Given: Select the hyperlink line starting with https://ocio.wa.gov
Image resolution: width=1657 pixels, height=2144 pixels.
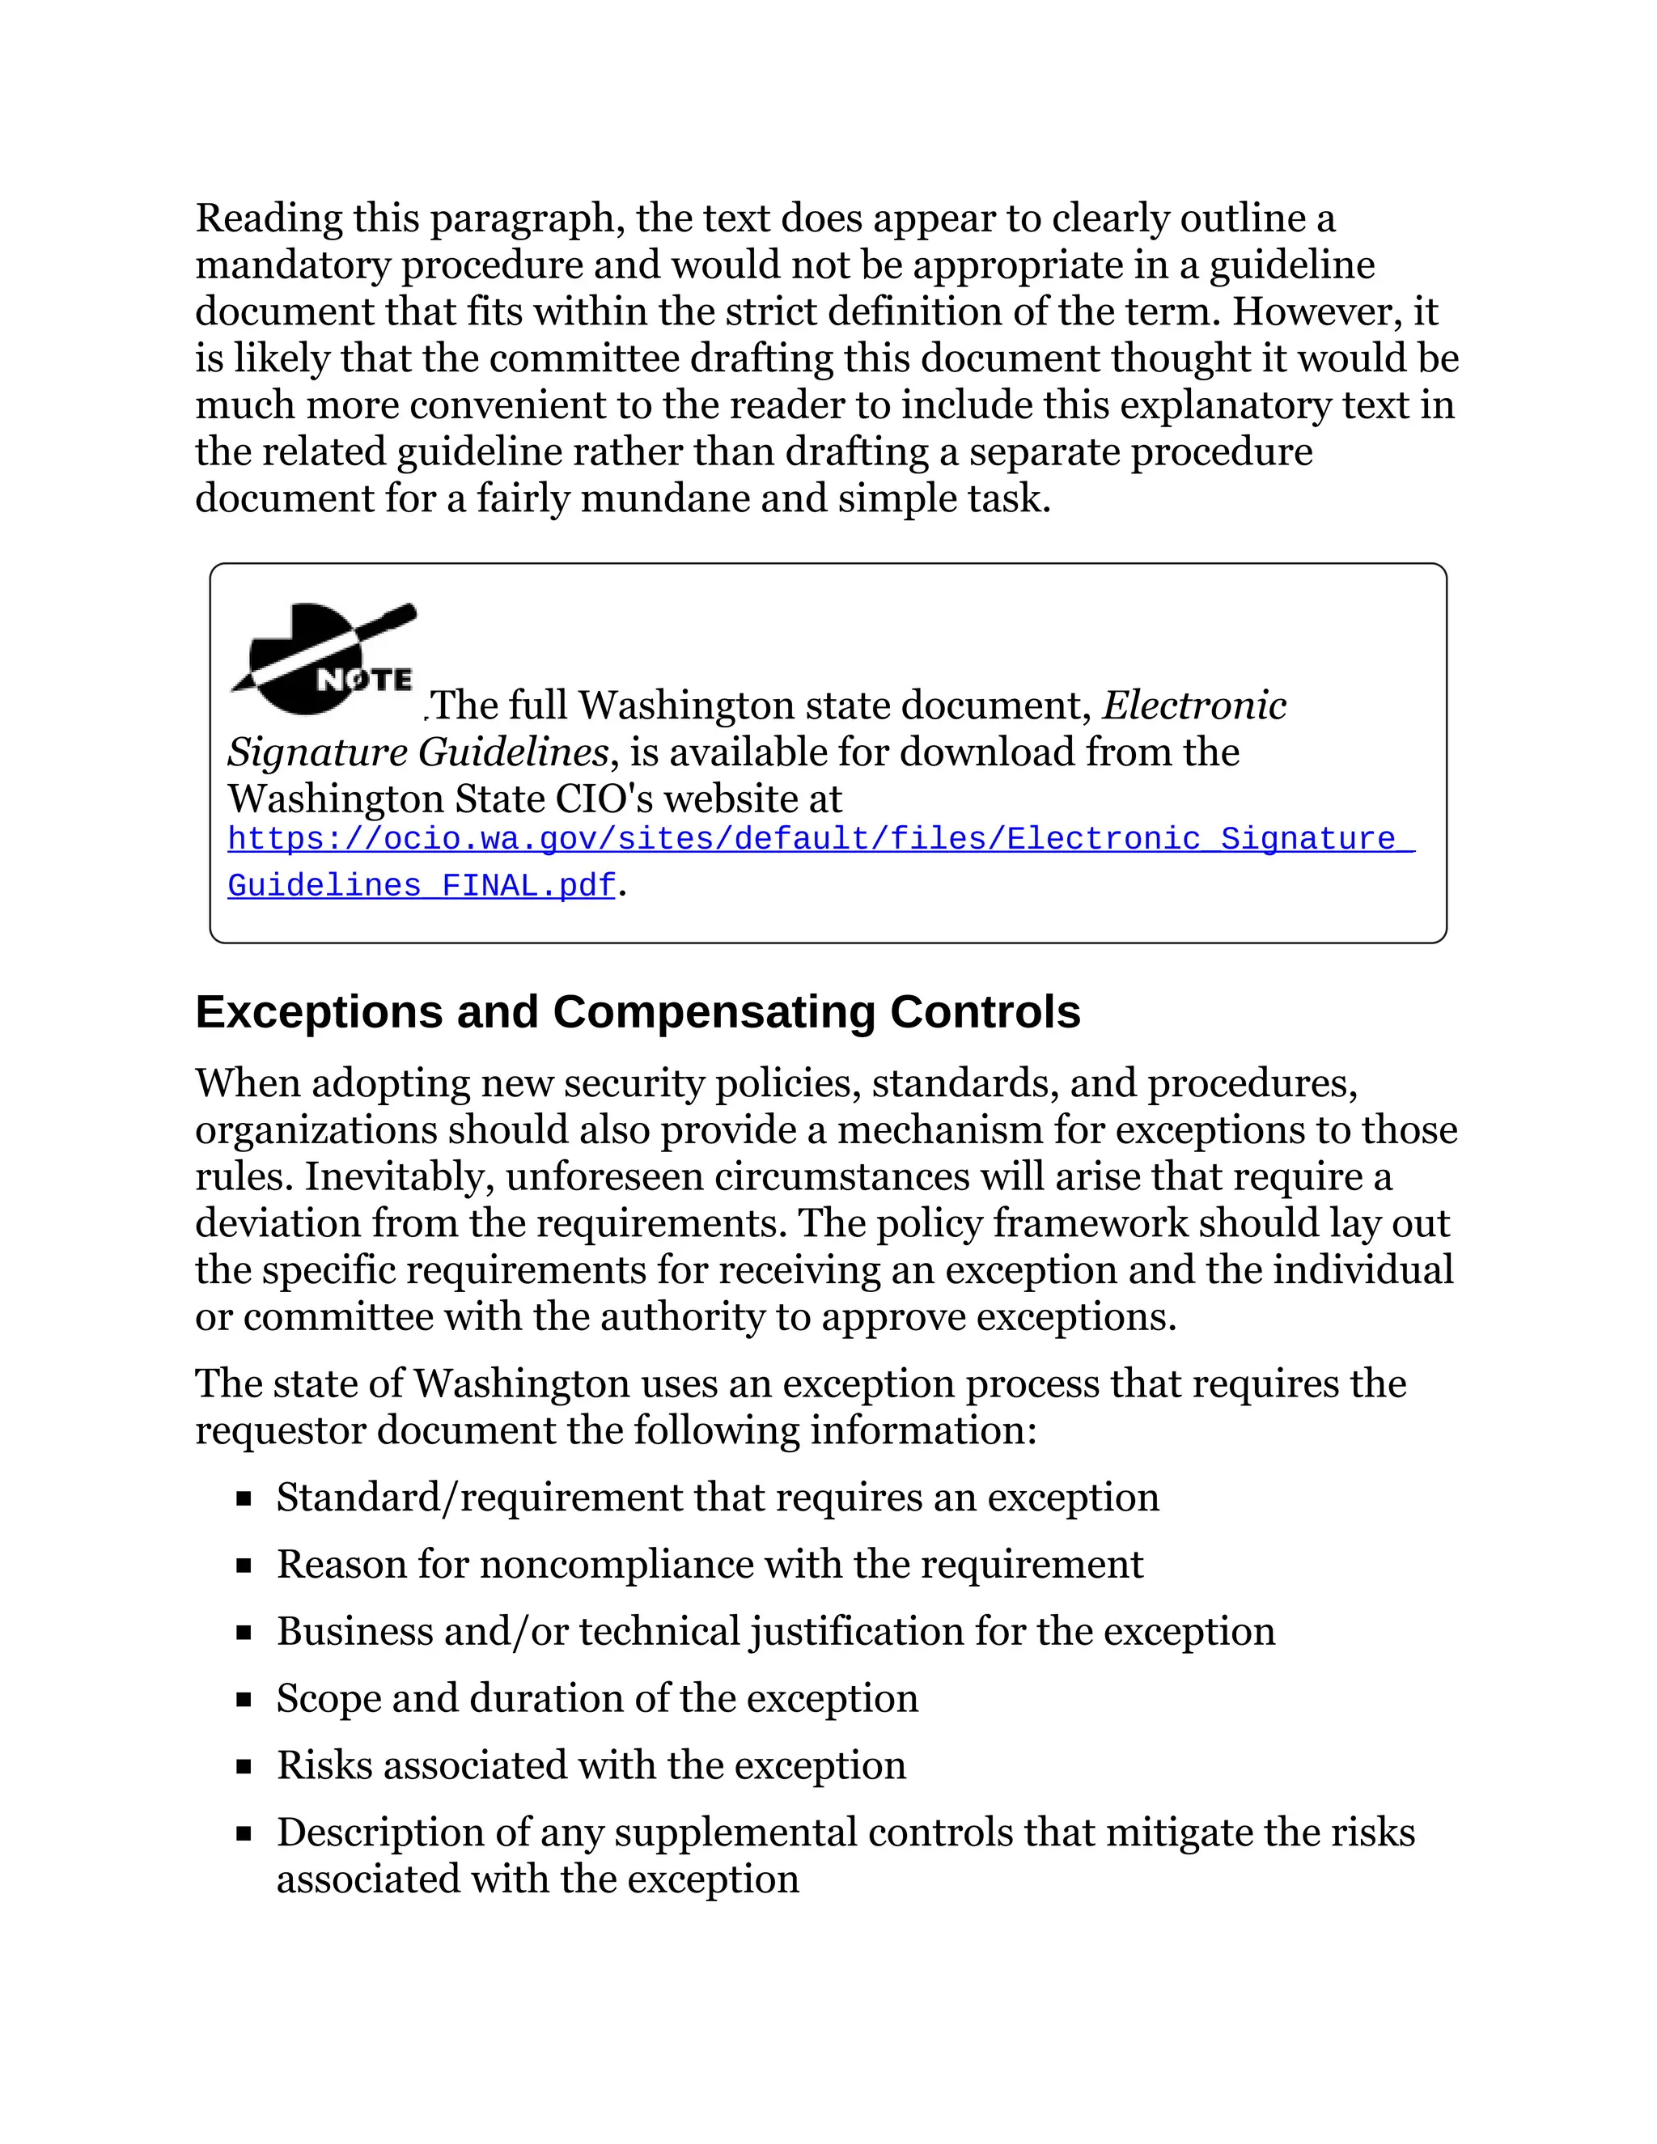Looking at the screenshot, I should (x=820, y=839).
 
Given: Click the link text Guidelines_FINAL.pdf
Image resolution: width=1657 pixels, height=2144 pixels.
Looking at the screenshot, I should (x=421, y=885).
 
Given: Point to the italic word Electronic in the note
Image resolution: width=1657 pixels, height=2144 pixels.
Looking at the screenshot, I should (x=1193, y=705).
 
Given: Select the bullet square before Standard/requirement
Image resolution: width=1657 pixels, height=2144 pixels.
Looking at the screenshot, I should (x=244, y=1499).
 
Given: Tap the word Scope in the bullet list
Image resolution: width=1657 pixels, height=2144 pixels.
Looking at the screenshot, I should (x=328, y=1699).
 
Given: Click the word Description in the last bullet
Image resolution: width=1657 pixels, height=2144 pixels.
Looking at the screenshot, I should (x=379, y=1833).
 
